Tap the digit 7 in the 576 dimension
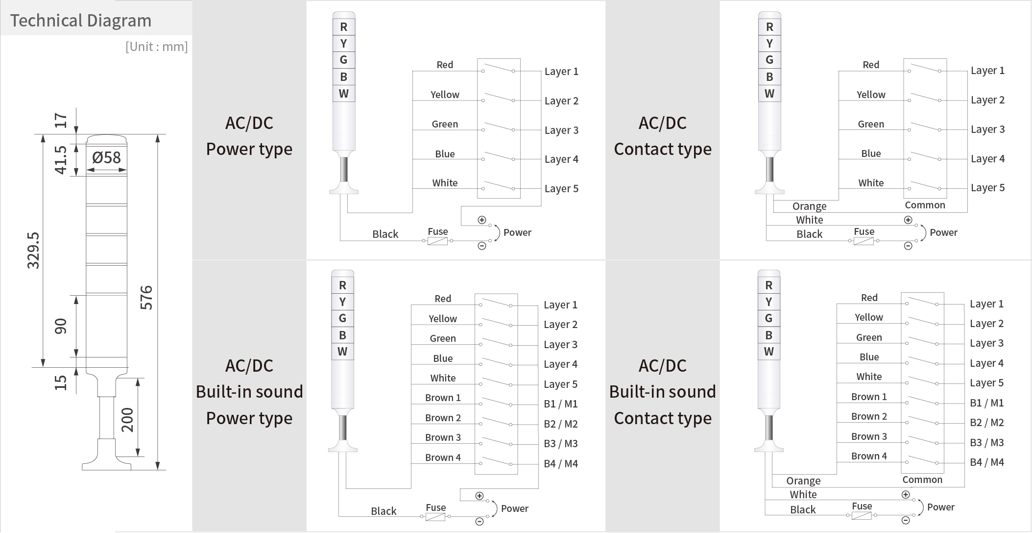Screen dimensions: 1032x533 (146, 297)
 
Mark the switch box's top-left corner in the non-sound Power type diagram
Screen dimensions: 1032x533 (478, 59)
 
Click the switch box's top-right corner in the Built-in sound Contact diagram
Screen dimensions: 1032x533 (944, 293)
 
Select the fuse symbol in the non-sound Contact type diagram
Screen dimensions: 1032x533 (864, 241)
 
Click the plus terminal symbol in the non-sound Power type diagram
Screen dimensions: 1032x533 (482, 220)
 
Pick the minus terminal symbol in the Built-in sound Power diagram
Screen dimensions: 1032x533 (480, 521)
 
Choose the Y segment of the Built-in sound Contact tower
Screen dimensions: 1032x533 (768, 302)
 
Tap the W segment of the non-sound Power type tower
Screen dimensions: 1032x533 (343, 93)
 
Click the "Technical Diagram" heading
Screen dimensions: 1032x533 (81, 21)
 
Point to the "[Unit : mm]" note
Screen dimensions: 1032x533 (157, 47)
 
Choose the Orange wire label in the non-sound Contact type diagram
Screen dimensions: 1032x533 (809, 206)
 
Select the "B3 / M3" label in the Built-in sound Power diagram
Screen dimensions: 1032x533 (561, 444)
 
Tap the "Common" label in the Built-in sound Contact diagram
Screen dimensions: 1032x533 (922, 480)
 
